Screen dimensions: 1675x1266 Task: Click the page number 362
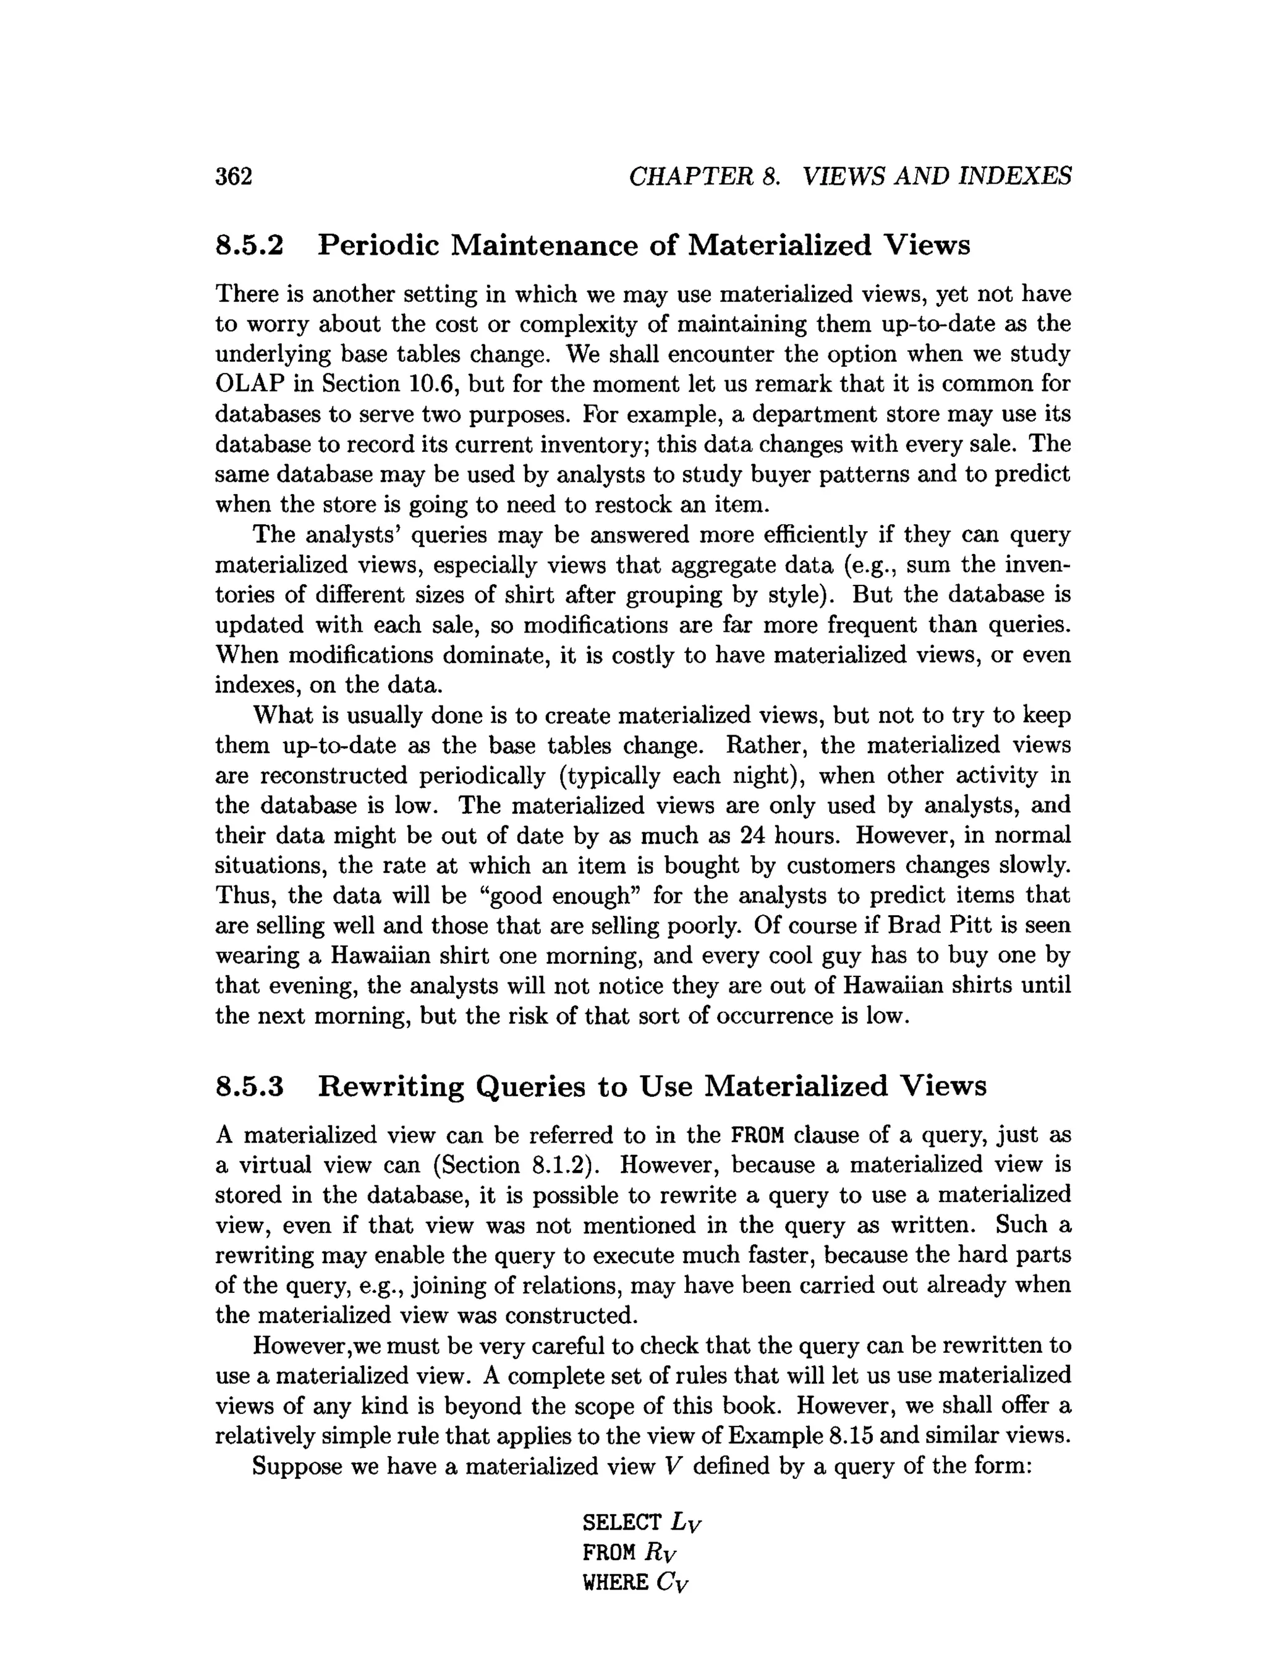pos(234,176)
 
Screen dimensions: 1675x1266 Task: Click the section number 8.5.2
pos(249,245)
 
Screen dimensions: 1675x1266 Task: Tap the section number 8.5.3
pos(249,1086)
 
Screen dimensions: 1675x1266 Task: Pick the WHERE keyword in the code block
pos(615,1583)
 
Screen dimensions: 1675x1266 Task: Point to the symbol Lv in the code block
pos(687,1523)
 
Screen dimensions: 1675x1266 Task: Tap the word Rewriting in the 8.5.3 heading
pos(390,1086)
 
